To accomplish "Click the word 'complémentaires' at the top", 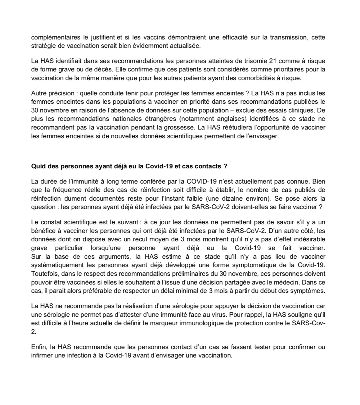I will click(x=53, y=38).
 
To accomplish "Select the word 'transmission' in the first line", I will click(x=290, y=38).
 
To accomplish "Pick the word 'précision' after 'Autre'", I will click(x=61, y=93).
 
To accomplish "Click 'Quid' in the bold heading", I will click(x=37, y=166).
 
